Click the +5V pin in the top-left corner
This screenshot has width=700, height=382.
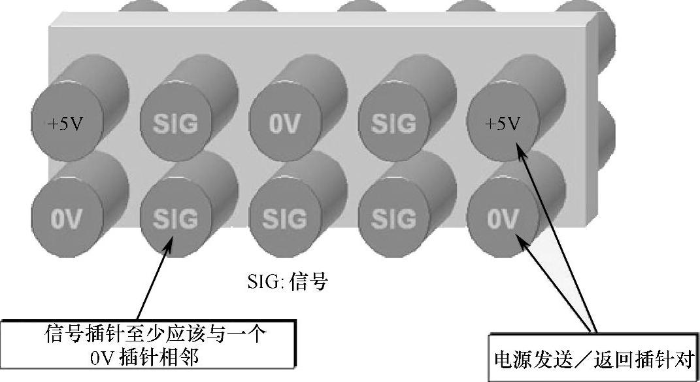(64, 124)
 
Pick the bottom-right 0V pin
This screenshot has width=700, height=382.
(503, 218)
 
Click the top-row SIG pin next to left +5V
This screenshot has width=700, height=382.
(175, 124)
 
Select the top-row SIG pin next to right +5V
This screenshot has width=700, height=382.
(393, 124)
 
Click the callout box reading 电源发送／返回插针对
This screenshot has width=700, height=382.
(593, 358)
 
